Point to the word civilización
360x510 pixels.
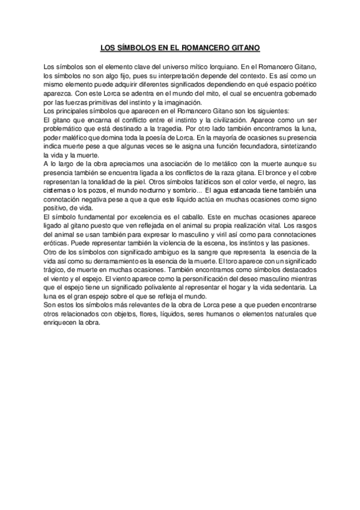click(233, 121)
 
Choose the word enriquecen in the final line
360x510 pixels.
click(63, 322)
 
